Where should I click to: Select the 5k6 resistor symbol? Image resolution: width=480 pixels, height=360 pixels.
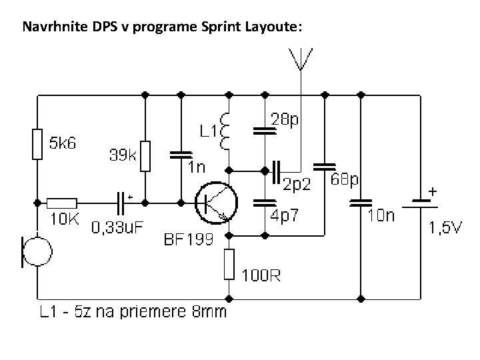tap(38, 145)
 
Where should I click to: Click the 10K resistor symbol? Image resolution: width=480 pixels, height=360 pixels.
tap(63, 201)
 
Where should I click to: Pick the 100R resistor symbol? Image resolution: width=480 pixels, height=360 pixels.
tap(229, 264)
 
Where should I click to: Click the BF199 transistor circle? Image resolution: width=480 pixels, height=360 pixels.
tap(215, 201)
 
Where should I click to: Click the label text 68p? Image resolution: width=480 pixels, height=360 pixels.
tap(346, 181)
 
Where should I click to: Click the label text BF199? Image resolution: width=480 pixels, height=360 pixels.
tap(188, 239)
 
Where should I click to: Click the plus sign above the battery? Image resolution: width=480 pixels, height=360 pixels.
tap(433, 191)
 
